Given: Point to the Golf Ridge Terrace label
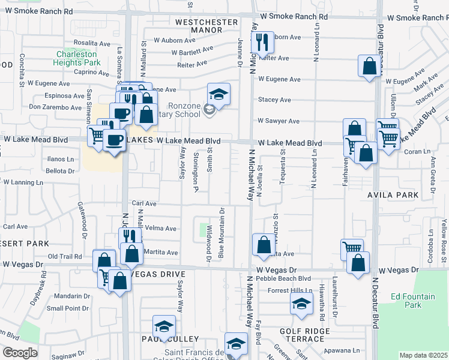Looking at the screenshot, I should [305, 335].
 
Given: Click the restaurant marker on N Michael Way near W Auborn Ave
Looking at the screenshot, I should [262, 42].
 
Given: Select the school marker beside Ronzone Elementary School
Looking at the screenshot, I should [218, 94].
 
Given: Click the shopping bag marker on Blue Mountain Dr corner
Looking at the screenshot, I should [264, 244].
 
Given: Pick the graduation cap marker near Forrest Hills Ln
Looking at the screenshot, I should [302, 304].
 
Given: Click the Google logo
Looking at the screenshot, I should [20, 353].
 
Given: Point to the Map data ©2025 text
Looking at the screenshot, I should [423, 355].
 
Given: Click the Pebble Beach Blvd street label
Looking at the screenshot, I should [283, 278].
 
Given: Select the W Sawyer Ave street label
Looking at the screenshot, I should [278, 121].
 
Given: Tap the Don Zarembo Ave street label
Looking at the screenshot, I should [55, 107].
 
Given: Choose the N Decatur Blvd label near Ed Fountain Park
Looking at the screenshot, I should [376, 303].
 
